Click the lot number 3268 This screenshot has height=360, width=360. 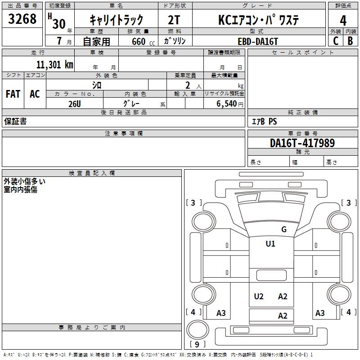tap(22, 19)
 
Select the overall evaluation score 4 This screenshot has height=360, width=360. tap(343, 20)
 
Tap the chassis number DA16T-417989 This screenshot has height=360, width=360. tap(302, 143)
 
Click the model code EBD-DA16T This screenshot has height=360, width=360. tap(258, 41)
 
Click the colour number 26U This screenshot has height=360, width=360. tap(75, 103)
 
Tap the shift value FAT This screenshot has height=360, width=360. tap(13, 94)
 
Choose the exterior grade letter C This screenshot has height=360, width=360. tap(335, 40)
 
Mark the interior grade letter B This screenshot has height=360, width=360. tap(350, 40)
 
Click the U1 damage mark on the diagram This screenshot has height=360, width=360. tap(270, 244)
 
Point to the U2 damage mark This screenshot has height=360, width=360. tap(259, 296)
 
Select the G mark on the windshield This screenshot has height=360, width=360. tap(283, 229)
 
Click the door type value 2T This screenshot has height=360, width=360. tap(174, 20)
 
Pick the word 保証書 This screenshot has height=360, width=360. tap(15, 121)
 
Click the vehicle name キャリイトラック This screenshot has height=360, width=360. tap(116, 20)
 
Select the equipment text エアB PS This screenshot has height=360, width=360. tap(264, 121)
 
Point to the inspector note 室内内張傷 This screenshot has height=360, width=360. tap(21, 189)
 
